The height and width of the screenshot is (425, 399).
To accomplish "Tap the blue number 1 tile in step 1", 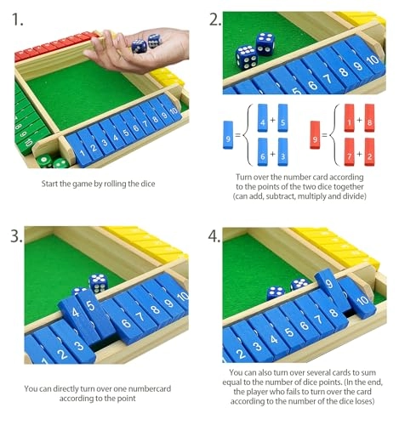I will point(81,152).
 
